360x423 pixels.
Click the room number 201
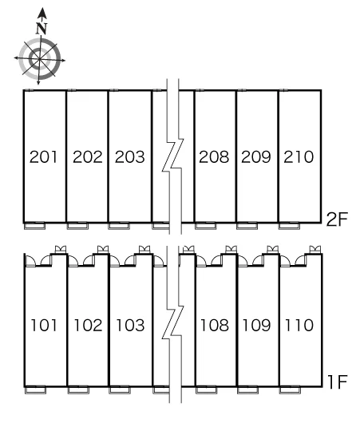(43, 156)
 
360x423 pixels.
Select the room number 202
(88, 156)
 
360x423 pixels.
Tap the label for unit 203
(130, 156)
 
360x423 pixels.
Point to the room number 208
(214, 156)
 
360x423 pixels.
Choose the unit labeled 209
(256, 156)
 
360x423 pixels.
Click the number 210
(299, 156)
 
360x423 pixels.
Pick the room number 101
(44, 325)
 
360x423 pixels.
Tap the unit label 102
(88, 325)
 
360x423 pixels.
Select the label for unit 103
(130, 325)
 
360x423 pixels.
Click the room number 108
(215, 325)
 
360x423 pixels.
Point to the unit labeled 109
(257, 325)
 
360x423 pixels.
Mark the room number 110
(299, 325)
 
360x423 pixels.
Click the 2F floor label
(338, 219)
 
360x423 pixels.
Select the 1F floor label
(338, 382)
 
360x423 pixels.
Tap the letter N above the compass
(42, 28)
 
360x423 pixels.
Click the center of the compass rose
(40, 59)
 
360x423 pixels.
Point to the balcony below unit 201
(35, 226)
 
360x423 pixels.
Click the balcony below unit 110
(290, 389)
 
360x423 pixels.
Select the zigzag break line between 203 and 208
(172, 156)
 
